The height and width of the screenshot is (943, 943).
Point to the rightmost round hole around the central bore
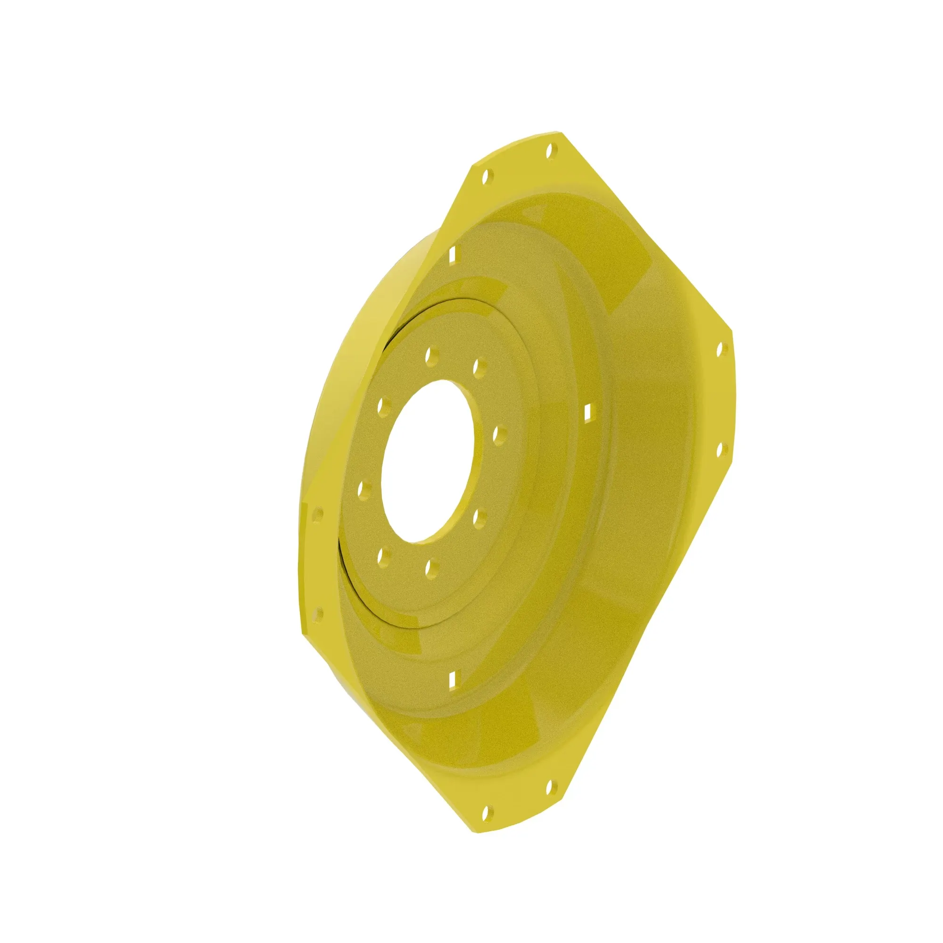click(x=499, y=433)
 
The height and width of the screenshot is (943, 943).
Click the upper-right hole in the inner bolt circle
click(x=480, y=365)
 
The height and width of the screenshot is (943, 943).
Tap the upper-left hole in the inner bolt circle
click(x=384, y=405)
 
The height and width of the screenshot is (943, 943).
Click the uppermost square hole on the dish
click(x=452, y=253)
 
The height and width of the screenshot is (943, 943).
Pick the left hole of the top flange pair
click(x=486, y=177)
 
